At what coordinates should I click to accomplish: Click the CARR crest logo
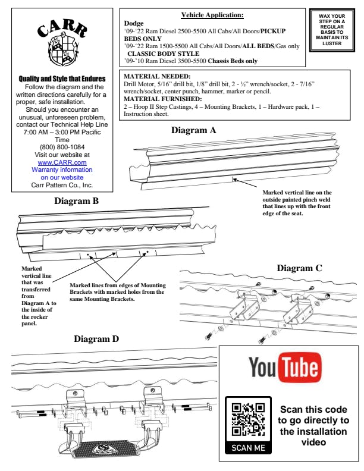pos(62,43)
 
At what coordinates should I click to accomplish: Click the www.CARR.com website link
pos(62,162)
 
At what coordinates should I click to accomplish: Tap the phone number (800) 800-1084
pos(62,146)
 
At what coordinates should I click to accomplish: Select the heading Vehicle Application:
pos(212,15)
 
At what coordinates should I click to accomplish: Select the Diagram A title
pos(193,130)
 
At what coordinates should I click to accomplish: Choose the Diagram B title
pos(76,201)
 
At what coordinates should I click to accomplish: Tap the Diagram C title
pos(299,268)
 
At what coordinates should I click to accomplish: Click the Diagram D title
pos(96,339)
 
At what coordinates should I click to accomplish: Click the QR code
pos(248,420)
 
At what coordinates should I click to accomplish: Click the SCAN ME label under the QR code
pos(248,448)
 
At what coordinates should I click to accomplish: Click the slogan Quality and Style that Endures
pos(62,78)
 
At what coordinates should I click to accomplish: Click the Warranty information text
pos(62,169)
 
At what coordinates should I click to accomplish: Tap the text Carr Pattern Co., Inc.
pos(62,185)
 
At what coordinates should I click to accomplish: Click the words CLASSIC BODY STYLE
pos(163,54)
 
